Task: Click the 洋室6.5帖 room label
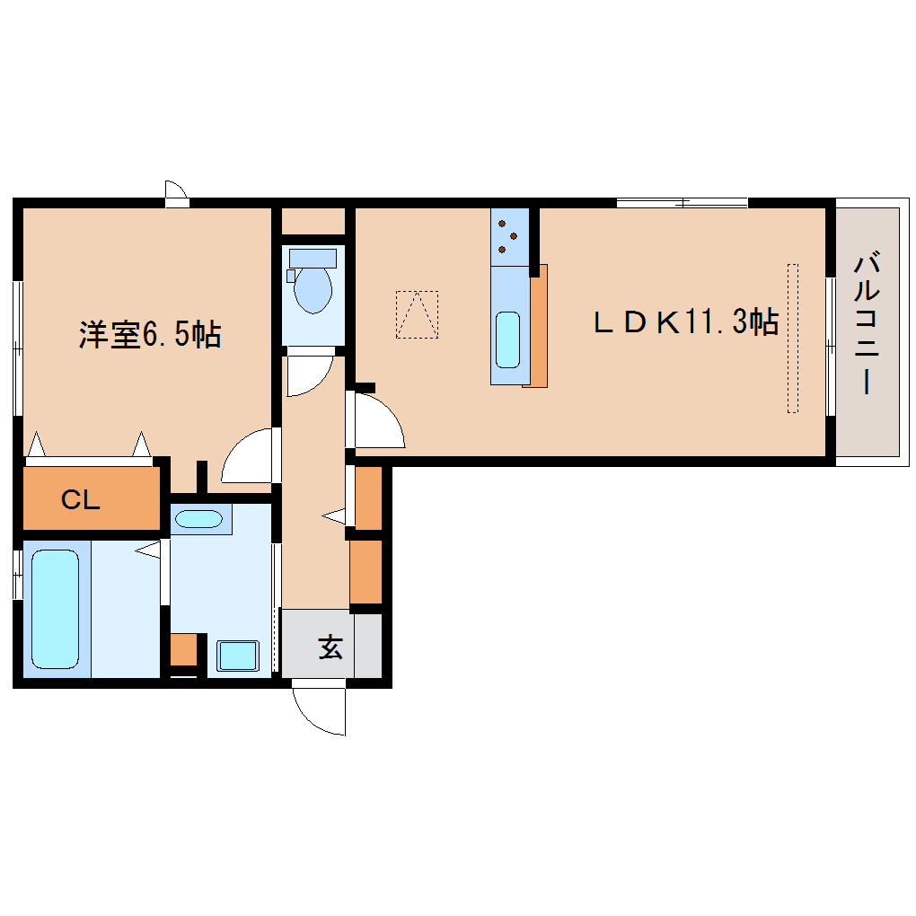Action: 149,335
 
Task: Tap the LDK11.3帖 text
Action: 685,321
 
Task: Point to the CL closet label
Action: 80,500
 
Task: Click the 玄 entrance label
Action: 330,646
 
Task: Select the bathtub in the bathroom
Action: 56,608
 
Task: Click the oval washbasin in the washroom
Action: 198,519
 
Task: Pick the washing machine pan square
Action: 237,655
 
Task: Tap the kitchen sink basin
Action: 508,339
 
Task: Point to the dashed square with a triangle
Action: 417,314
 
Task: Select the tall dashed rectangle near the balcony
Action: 792,338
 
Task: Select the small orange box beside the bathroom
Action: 183,648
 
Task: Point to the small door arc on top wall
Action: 176,190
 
